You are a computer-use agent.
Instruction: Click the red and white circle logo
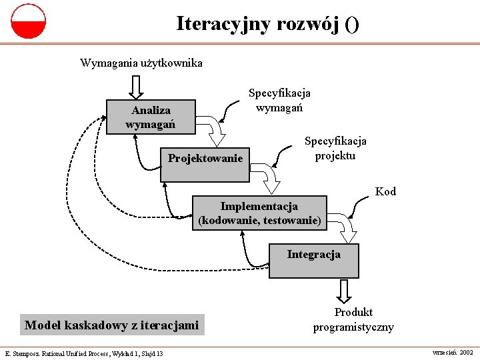point(28,21)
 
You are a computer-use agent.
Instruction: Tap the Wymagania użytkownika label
point(141,63)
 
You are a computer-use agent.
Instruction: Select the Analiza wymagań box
point(151,117)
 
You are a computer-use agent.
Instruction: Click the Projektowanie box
point(205,163)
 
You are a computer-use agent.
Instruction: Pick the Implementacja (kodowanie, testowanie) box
point(260,213)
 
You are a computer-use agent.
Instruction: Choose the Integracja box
point(313,261)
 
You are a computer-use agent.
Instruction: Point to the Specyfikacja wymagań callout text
point(279,100)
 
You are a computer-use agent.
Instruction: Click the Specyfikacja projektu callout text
point(335,148)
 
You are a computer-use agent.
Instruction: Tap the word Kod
point(385,192)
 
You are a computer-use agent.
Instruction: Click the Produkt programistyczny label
point(353,320)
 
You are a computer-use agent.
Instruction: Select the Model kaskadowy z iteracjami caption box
point(112,325)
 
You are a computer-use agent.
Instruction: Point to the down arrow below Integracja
point(344,290)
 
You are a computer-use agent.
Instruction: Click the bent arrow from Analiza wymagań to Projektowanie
point(215,131)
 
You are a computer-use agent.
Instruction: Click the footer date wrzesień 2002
point(453,351)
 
